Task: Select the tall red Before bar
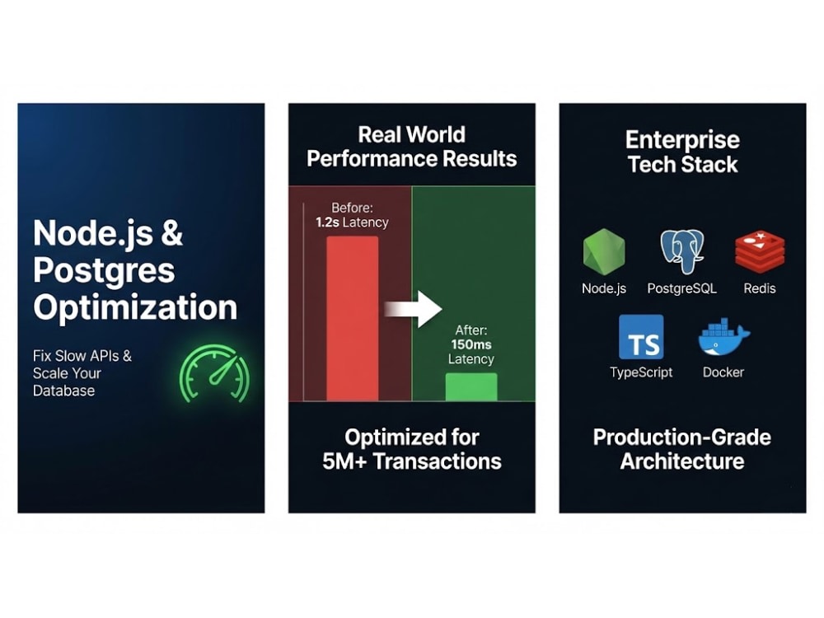tap(352, 318)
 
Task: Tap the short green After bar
tap(471, 386)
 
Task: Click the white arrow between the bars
tap(413, 309)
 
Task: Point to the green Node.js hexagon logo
tap(604, 251)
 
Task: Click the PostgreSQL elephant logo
tap(681, 251)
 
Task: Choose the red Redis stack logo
tap(760, 251)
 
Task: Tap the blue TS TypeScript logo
tap(641, 337)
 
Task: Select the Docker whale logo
tap(723, 337)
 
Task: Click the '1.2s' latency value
tap(327, 222)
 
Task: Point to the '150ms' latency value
tap(471, 344)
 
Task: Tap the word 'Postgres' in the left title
tap(104, 270)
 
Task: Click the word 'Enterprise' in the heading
tap(682, 140)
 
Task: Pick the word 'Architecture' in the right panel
tap(682, 461)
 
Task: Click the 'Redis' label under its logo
tap(760, 288)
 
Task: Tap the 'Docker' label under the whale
tap(723, 372)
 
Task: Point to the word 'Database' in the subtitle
tap(63, 391)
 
